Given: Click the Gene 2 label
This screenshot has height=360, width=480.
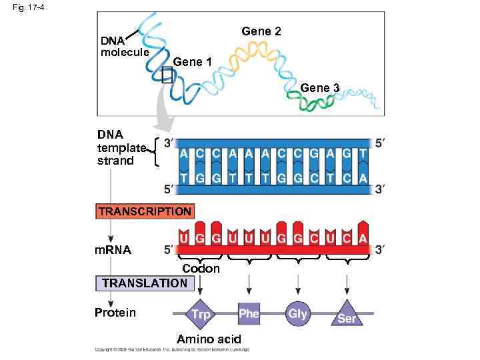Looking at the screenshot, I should [261, 31].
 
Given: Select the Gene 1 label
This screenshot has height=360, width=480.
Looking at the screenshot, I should [192, 62].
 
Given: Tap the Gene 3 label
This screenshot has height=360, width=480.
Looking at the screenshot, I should [320, 87].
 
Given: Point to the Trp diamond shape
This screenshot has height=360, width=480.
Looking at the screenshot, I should [200, 313].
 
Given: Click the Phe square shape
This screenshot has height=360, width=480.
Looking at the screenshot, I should [249, 313].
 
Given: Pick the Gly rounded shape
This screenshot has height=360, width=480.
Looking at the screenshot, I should [298, 313].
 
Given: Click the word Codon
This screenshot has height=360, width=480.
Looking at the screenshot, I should [201, 268].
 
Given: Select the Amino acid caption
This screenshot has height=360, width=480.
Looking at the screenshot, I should [209, 339].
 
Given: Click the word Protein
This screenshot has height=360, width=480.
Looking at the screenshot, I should [115, 313].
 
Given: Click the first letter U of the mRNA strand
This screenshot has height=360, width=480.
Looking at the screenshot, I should [183, 237].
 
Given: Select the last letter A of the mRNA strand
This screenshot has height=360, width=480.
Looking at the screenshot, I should [362, 237].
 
